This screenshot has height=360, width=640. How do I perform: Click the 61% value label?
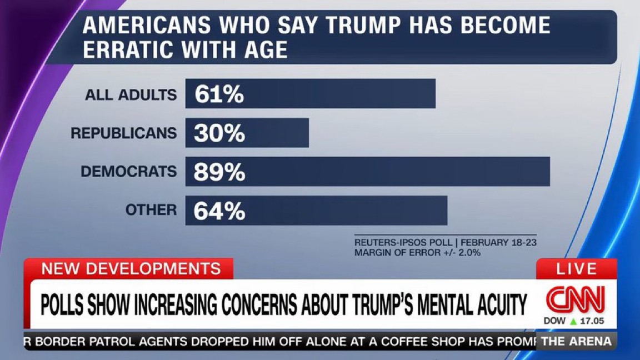pyautogui.click(x=219, y=94)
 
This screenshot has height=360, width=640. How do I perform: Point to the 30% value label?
pyautogui.click(x=219, y=133)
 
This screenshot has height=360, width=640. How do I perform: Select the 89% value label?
pyautogui.click(x=219, y=172)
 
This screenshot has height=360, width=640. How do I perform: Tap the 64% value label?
pyautogui.click(x=219, y=211)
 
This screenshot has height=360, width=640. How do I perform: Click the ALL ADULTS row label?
pyautogui.click(x=131, y=95)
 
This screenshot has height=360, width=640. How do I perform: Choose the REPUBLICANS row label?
pyautogui.click(x=123, y=133)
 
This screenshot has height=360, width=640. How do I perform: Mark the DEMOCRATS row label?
pyautogui.click(x=128, y=172)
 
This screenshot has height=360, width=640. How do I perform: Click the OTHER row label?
pyautogui.click(x=151, y=210)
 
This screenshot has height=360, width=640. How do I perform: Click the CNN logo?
pyautogui.click(x=575, y=299)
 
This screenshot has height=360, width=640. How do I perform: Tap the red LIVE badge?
pyautogui.click(x=577, y=269)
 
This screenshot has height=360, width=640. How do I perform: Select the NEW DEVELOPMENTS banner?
pyautogui.click(x=131, y=269)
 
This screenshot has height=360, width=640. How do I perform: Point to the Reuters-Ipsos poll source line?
pyautogui.click(x=445, y=243)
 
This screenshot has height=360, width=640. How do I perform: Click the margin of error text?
pyautogui.click(x=417, y=252)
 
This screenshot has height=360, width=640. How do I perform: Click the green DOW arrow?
pyautogui.click(x=573, y=322)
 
